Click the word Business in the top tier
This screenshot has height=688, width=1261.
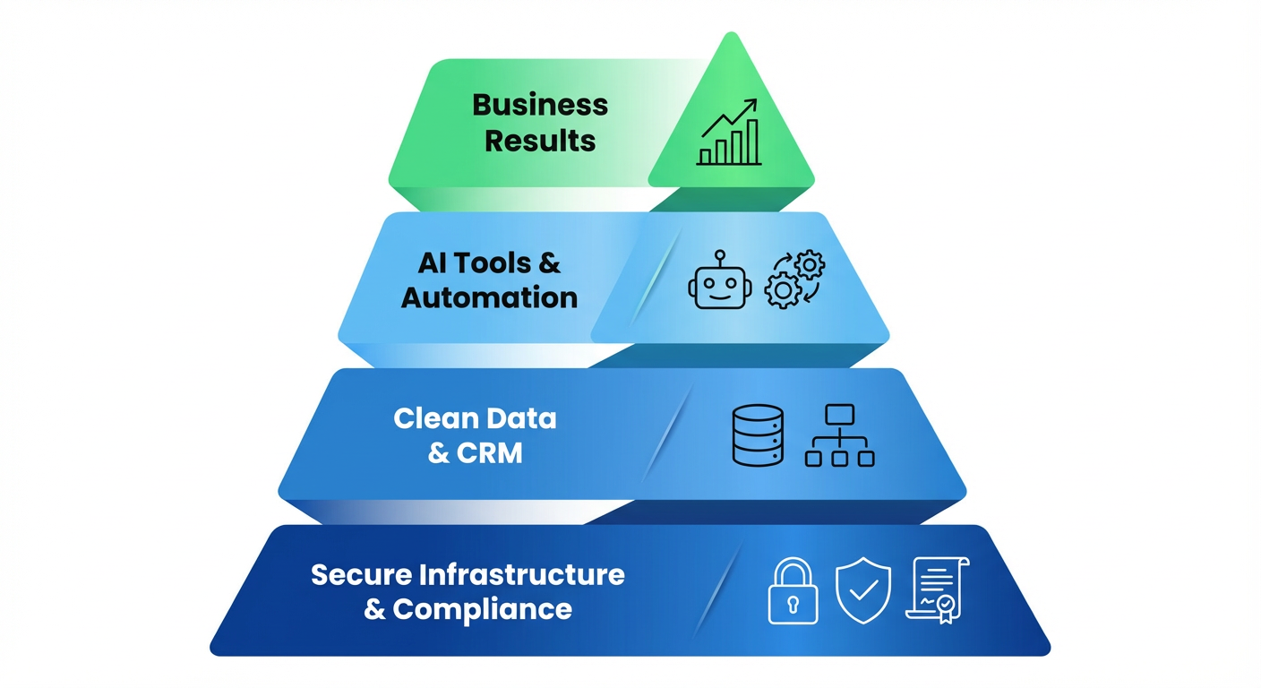pyautogui.click(x=540, y=105)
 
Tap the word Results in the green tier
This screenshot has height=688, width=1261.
pyautogui.click(x=540, y=141)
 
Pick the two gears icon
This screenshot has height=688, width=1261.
pyautogui.click(x=794, y=279)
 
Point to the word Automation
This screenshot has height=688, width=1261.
pyautogui.click(x=489, y=297)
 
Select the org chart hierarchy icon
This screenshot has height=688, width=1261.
pyautogui.click(x=839, y=435)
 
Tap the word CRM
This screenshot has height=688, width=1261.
pyautogui.click(x=489, y=453)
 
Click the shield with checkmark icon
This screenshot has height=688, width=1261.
pyautogui.click(x=863, y=590)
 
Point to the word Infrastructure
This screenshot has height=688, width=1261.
pyautogui.click(x=522, y=574)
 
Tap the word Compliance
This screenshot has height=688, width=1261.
pyautogui.click(x=482, y=610)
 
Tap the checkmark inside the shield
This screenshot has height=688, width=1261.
pyautogui.click(x=863, y=590)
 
